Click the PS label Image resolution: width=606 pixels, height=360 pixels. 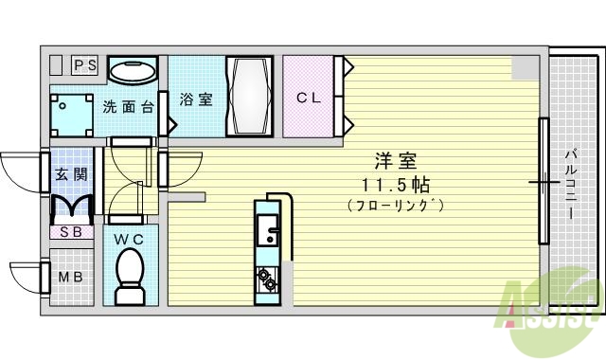(x=86, y=65)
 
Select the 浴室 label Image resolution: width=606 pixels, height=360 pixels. (x=196, y=99)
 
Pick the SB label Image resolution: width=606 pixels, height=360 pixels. (x=70, y=231)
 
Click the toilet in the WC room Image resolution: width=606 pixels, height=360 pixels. (x=129, y=275)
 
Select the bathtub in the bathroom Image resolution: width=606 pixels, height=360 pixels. (x=250, y=99)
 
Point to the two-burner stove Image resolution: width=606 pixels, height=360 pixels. (x=266, y=279)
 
